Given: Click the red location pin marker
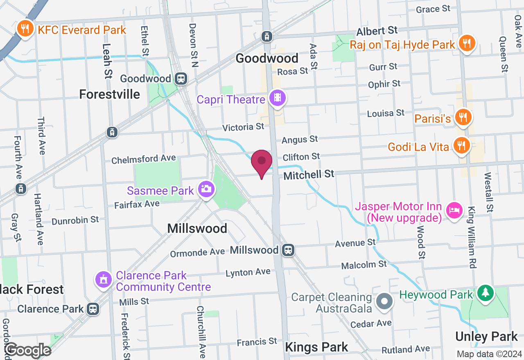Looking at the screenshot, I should click(262, 162).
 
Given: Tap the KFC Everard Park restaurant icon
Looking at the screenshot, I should click(25, 29).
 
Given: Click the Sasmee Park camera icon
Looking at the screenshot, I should click(206, 189).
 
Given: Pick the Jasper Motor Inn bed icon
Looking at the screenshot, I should click(453, 211).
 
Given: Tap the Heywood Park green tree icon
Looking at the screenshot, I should click(486, 293).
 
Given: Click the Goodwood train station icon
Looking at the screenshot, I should click(181, 78).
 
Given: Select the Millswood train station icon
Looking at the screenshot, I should click(288, 250).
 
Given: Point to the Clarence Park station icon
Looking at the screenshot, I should click(93, 309).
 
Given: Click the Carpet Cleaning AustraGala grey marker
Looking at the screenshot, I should click(385, 302).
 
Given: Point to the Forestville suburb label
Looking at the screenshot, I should click(109, 94).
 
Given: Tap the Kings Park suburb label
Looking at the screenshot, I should click(316, 347).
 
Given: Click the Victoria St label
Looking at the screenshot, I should click(243, 127).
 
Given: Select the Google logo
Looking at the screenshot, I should click(28, 350).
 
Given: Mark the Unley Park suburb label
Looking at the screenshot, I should click(486, 337).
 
